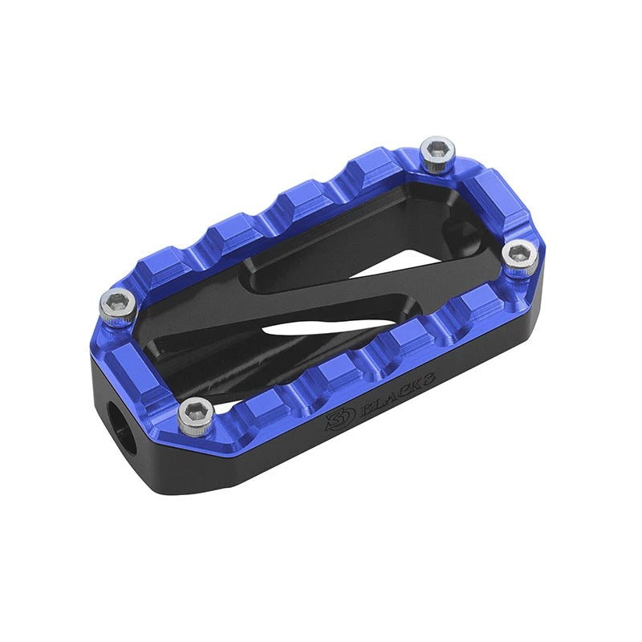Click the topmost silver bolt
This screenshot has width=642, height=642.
click(x=437, y=152)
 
